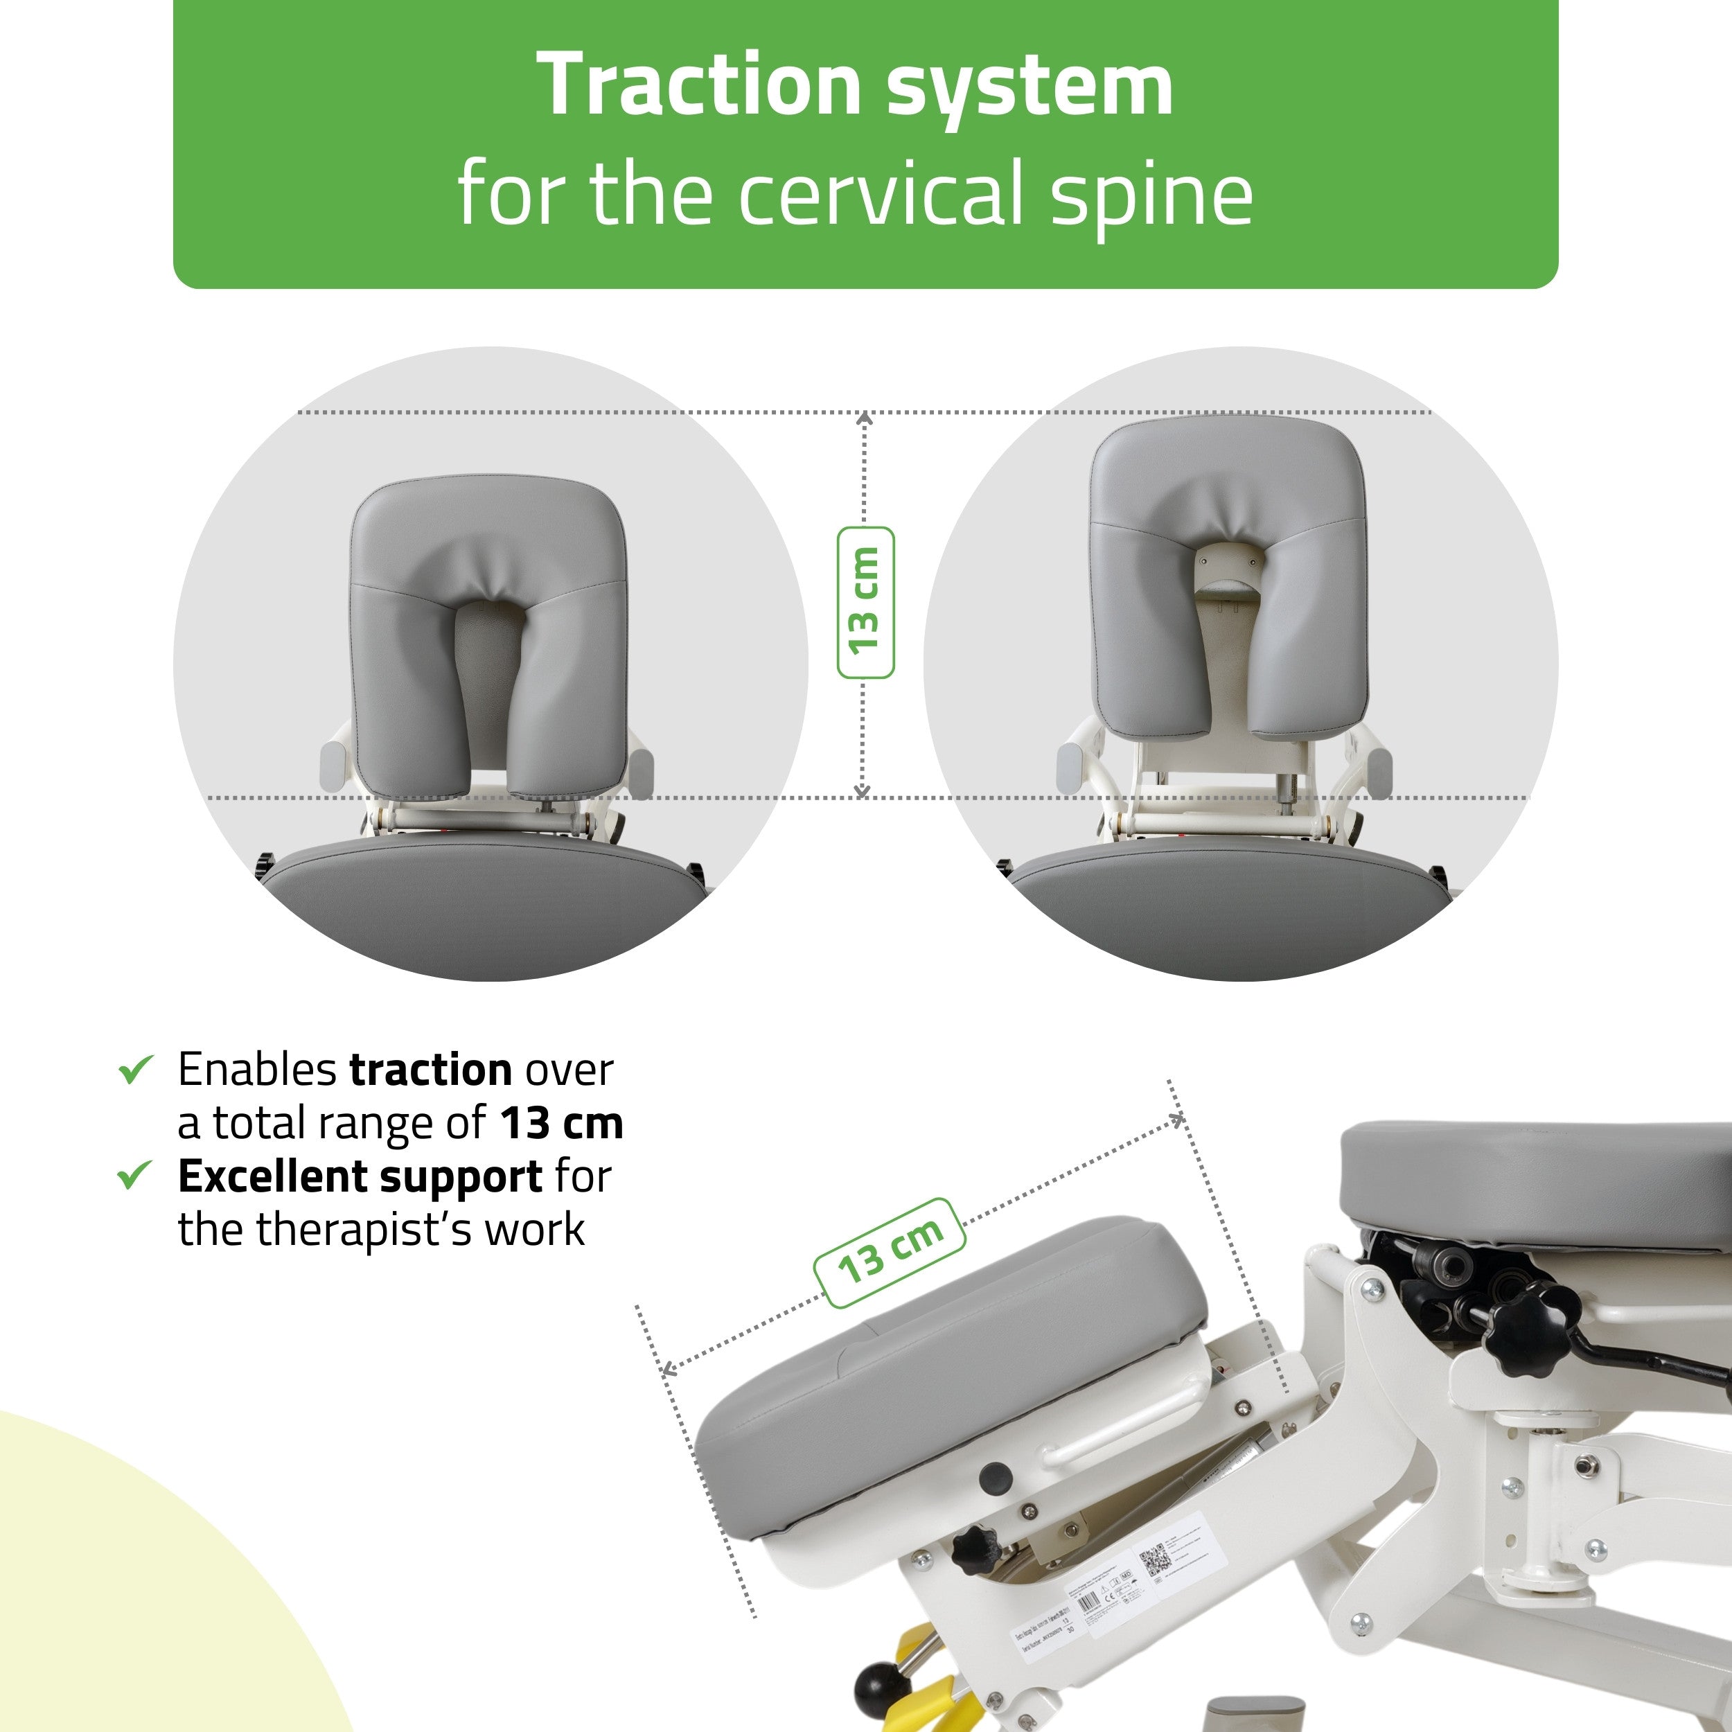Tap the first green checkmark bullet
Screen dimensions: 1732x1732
136,1070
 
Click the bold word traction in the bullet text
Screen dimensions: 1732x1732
430,1070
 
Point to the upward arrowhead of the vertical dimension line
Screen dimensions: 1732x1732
864,418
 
